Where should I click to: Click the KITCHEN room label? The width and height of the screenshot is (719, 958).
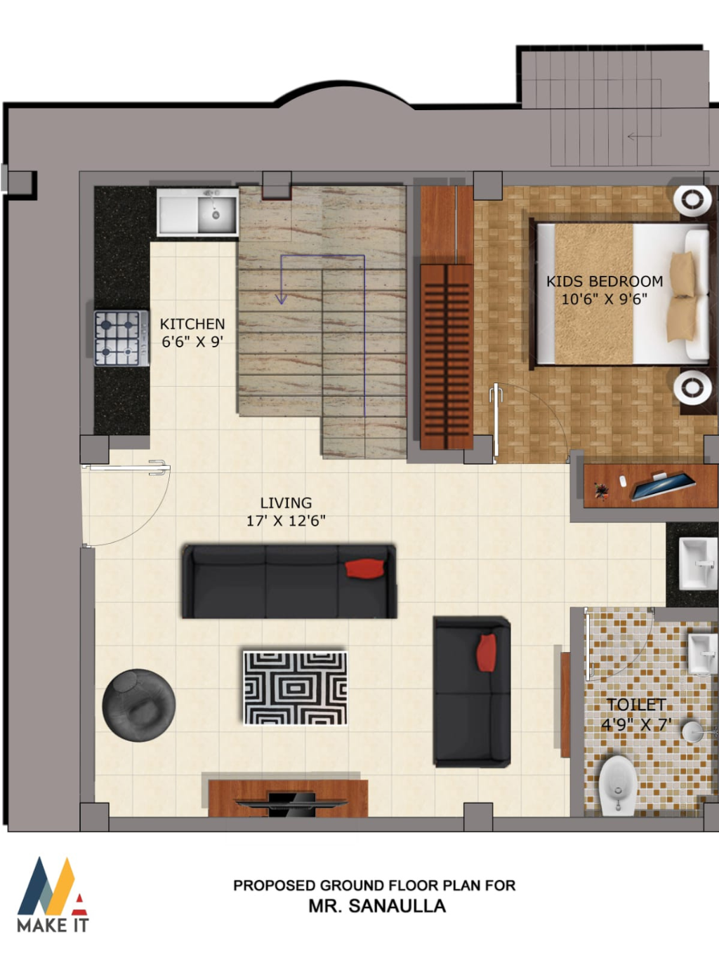(x=192, y=324)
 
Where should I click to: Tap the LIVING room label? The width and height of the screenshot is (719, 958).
(x=286, y=503)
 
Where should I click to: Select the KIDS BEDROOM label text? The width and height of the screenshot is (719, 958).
(x=605, y=281)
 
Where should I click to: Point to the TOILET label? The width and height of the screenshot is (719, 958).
(x=636, y=704)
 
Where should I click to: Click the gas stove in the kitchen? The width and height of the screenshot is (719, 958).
(x=121, y=338)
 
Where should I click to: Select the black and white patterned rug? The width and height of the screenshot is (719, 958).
(x=295, y=688)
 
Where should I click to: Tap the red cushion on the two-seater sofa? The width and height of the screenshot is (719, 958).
(x=487, y=652)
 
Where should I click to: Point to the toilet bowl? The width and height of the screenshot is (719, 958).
(x=618, y=785)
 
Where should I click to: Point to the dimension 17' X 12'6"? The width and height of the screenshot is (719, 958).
(x=286, y=520)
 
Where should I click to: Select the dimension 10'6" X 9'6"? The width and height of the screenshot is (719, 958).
(x=605, y=299)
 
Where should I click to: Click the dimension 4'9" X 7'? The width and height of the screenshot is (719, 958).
(x=636, y=724)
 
